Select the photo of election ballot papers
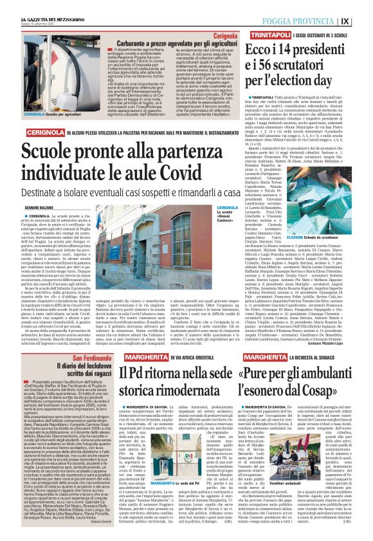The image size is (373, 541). point(327,203)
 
